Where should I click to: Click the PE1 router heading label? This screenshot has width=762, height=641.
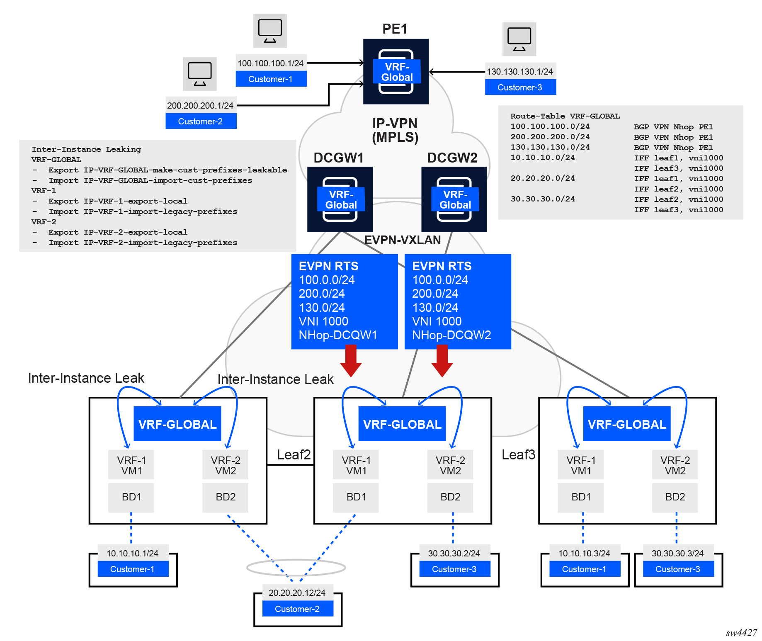pos(395,29)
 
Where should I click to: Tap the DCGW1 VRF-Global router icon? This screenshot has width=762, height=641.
pos(340,199)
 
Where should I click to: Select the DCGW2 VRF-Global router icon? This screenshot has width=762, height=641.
pos(454,199)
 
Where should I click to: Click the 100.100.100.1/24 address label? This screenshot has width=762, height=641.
pos(271,63)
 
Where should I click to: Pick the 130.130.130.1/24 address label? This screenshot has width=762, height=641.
pos(520,72)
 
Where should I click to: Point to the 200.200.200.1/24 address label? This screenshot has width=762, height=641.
pos(200,106)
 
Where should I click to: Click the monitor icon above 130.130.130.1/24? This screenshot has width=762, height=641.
pos(519,39)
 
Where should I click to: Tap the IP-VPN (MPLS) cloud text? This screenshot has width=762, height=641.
pos(395,130)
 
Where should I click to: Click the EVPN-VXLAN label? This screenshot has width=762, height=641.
pos(403,240)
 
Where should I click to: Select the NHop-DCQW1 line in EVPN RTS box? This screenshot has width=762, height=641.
pos(338,335)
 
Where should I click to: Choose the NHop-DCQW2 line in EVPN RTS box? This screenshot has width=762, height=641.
pos(451,335)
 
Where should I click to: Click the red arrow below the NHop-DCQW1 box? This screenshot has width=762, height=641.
pos(351,361)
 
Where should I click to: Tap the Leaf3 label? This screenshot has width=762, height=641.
pos(518,455)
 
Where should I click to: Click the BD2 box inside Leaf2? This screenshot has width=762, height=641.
pos(450,497)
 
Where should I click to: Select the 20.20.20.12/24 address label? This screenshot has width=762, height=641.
pos(297,593)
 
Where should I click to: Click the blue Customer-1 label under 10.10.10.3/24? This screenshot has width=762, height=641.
pos(584,569)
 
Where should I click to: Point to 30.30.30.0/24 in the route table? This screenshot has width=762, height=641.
pos(543,199)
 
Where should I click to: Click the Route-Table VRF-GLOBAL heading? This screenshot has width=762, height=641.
pos(565,116)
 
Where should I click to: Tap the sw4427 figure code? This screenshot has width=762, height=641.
pos(741,633)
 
